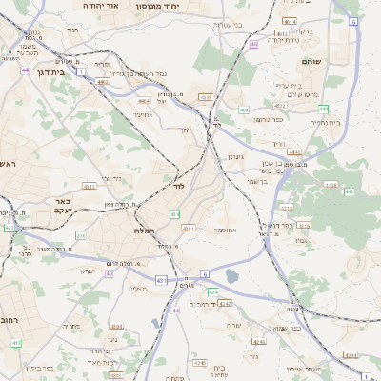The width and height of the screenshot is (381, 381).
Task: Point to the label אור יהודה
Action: click(100, 6)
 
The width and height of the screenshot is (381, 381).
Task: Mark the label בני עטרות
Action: click(227, 25)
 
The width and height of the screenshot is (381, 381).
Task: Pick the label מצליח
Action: click(137, 289)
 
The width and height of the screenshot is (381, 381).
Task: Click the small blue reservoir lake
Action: click(233, 277)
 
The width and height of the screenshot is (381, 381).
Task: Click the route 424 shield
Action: click(213, 291)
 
